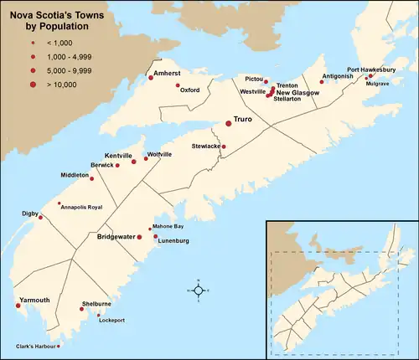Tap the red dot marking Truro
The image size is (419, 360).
coord(228,123)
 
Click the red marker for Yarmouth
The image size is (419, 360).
coord(18,306)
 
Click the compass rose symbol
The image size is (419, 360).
coord(197,290)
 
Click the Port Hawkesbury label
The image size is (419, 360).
coord(371,69)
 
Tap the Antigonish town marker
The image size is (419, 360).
coord(323,82)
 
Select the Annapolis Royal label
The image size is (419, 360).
coord(82,206)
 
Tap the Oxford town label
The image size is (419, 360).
coord(189,90)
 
